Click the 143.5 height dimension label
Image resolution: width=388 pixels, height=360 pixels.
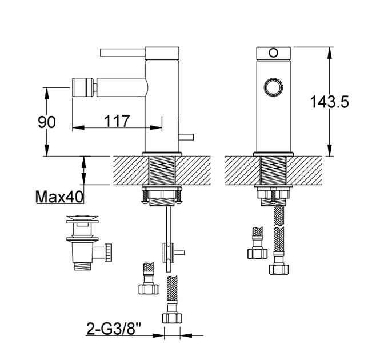pyautogui.click(x=329, y=102)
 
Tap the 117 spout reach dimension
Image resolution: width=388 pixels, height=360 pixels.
pyautogui.click(x=117, y=121)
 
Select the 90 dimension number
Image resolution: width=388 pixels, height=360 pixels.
pyautogui.click(x=47, y=122)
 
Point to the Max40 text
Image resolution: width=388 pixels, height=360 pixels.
pyautogui.click(x=59, y=197)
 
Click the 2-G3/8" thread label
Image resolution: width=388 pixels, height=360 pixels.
pyautogui.click(x=114, y=329)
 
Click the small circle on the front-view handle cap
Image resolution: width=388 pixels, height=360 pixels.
pyautogui.click(x=274, y=53)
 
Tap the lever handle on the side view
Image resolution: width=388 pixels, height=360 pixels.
pyautogui.click(x=123, y=53)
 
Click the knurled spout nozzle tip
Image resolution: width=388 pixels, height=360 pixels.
pyautogui.click(x=83, y=87)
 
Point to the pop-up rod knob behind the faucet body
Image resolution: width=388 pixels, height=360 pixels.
pyautogui.click(x=186, y=137)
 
